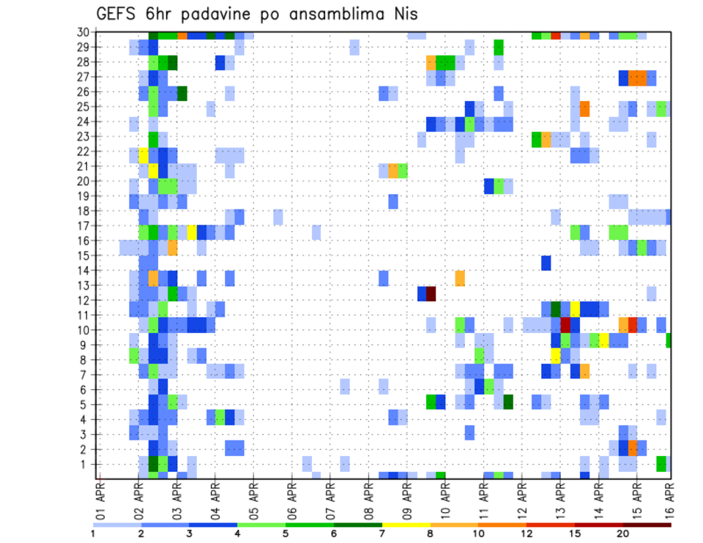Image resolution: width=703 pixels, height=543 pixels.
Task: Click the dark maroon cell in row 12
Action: click(x=431, y=293)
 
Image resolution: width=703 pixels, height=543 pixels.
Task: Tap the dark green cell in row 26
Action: click(x=182, y=93)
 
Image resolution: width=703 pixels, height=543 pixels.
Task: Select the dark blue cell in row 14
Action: click(x=546, y=263)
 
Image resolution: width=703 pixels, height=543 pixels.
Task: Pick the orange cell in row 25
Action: click(x=584, y=108)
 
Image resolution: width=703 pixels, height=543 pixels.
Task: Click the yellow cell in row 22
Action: click(x=144, y=155)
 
